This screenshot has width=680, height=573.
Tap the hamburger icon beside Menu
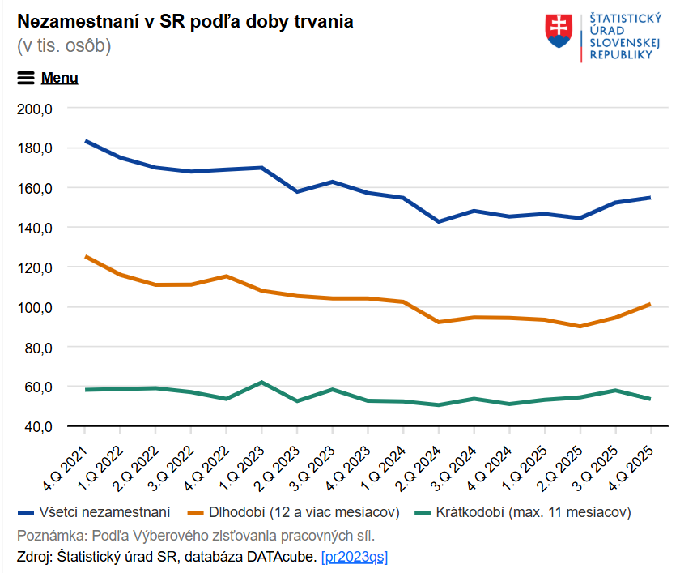(x=26, y=78)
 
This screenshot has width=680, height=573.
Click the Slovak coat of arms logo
(x=559, y=30)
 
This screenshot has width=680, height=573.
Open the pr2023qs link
(x=355, y=557)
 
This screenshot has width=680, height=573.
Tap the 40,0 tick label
(x=36, y=426)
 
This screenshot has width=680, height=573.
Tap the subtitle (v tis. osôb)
(x=64, y=45)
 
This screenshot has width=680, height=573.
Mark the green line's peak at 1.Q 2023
(x=261, y=382)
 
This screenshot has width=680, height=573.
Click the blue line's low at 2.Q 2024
(x=439, y=221)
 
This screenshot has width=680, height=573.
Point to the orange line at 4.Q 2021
(x=85, y=257)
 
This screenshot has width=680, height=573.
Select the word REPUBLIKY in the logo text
(x=621, y=55)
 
